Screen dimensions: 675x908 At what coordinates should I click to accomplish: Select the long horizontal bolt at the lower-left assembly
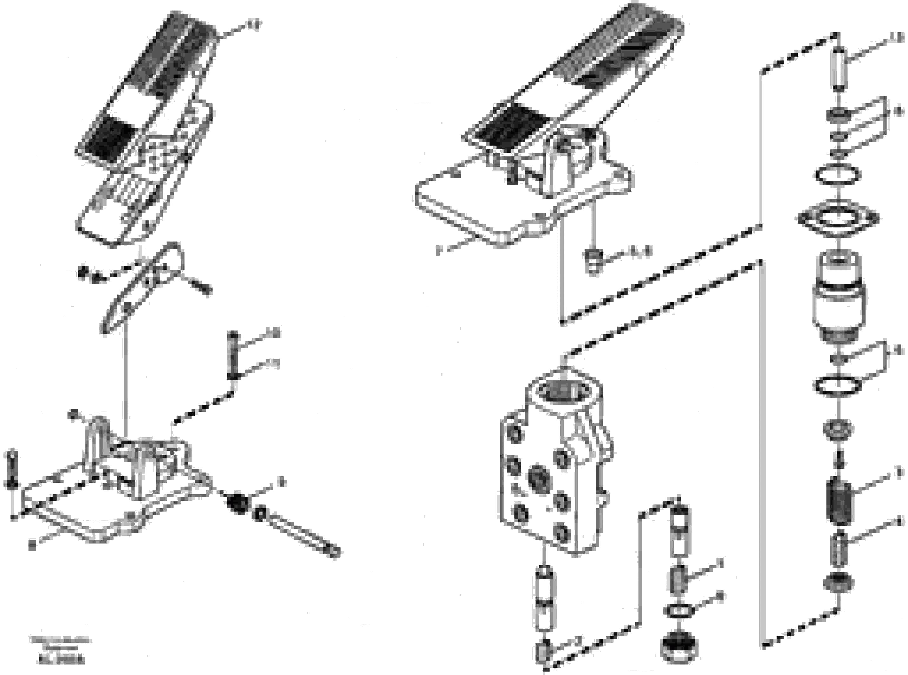(298, 534)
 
